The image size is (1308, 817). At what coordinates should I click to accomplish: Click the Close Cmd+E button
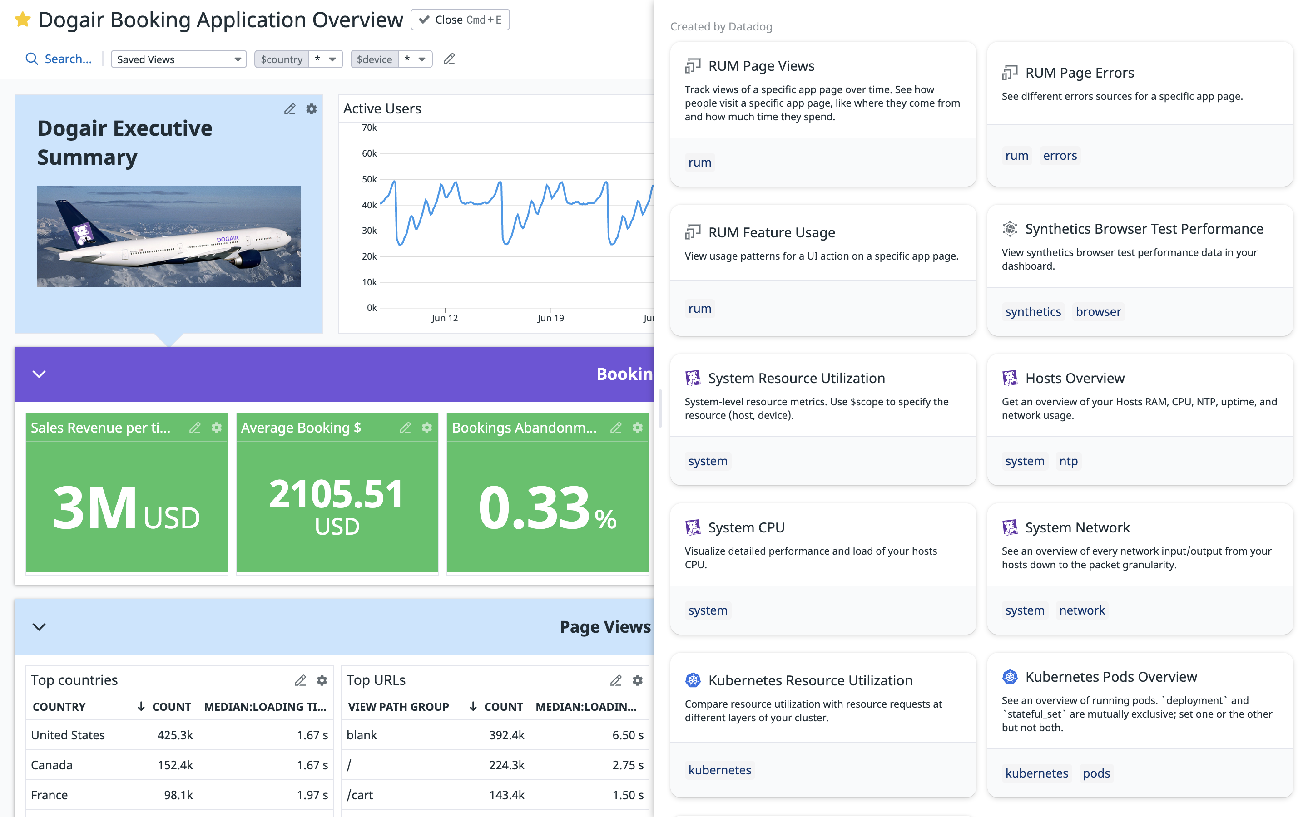tap(460, 20)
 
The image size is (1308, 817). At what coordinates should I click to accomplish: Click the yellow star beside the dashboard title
tap(22, 20)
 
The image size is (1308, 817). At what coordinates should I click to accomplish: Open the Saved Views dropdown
tap(178, 59)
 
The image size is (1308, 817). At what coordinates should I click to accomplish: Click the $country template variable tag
tap(281, 59)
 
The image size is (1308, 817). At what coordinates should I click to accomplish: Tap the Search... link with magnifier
tap(59, 59)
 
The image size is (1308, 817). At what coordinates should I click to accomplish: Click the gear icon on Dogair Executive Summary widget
tap(311, 109)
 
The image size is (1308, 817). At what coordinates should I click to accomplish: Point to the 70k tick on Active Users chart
tap(369, 128)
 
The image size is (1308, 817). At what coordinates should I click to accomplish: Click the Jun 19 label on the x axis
tap(550, 318)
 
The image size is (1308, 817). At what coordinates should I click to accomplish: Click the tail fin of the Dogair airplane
tap(76, 221)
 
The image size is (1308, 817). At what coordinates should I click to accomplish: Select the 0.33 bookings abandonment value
tap(534, 508)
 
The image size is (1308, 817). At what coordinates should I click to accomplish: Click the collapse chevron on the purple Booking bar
tap(39, 374)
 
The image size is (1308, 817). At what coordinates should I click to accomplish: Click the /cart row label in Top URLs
tap(360, 795)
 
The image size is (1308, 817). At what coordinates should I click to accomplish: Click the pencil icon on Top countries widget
tap(300, 680)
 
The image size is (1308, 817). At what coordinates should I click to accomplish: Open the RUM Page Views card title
tap(761, 66)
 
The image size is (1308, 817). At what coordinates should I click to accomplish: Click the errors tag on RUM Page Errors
tap(1060, 156)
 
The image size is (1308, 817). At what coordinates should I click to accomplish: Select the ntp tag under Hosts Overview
tap(1068, 461)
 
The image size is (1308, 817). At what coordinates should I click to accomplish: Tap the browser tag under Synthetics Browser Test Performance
tap(1098, 312)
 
